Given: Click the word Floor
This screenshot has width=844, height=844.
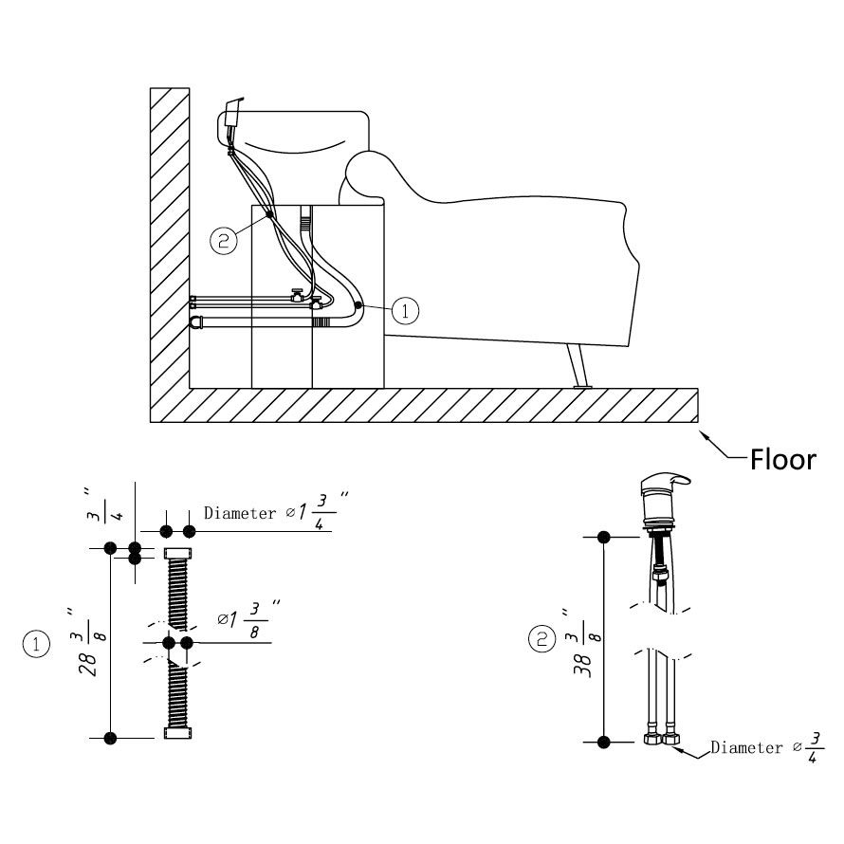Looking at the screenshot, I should (782, 460).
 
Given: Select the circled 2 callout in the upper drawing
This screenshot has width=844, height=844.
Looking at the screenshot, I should (224, 240).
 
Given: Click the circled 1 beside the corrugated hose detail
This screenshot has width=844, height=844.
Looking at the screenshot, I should (36, 645).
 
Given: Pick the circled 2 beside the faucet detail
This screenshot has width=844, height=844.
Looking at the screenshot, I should (541, 640).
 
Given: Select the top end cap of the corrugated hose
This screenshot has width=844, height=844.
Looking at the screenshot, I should (178, 552).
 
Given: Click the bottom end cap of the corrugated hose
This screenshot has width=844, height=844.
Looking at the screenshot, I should (178, 733).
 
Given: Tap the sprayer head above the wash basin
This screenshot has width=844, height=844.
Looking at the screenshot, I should (233, 116).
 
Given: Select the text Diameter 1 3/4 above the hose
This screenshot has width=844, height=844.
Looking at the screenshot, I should (270, 513).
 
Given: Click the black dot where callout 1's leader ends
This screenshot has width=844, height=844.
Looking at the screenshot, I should (358, 304).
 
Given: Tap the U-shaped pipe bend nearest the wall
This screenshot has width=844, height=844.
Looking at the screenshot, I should (196, 322).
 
